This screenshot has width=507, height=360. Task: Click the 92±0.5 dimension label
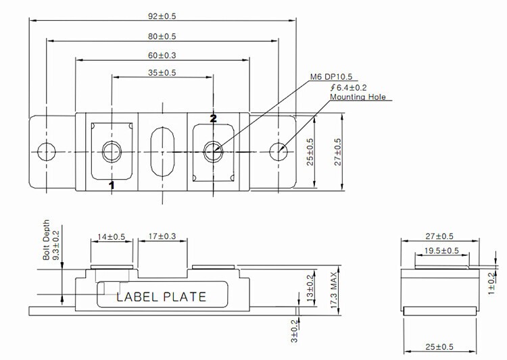click(x=162, y=16)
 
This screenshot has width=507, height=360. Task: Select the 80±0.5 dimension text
click(x=162, y=36)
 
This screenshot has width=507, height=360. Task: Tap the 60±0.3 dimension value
click(x=162, y=55)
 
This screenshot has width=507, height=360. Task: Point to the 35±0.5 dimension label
click(x=162, y=73)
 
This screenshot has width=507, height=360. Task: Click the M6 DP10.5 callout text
click(x=331, y=76)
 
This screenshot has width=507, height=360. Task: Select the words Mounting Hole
click(x=358, y=97)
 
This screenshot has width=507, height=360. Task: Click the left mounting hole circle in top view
click(x=47, y=151)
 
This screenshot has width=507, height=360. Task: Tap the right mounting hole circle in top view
click(x=279, y=151)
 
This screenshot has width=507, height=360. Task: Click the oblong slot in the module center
click(x=162, y=151)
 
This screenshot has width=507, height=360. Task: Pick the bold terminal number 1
click(x=112, y=185)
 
